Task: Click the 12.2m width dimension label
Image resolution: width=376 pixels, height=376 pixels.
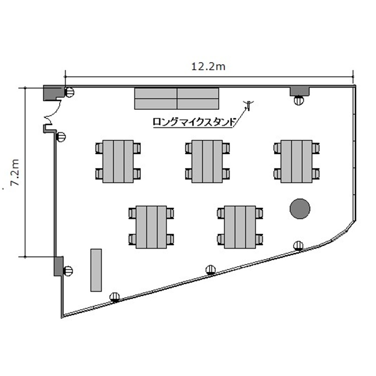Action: click(x=208, y=66)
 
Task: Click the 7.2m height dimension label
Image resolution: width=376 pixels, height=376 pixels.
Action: click(x=15, y=172)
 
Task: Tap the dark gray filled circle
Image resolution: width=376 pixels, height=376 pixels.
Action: click(x=300, y=209)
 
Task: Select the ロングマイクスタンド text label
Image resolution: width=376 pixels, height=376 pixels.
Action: click(x=194, y=122)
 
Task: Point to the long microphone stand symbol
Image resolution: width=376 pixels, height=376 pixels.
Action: click(x=249, y=105)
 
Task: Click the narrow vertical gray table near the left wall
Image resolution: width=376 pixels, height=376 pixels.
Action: click(x=96, y=270)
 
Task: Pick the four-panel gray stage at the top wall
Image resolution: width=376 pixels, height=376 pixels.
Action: click(x=177, y=99)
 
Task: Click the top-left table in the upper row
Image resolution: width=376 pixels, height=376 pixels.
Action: click(x=118, y=161)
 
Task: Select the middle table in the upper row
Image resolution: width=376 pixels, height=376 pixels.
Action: click(x=207, y=161)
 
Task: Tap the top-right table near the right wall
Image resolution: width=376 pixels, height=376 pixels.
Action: click(x=296, y=161)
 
